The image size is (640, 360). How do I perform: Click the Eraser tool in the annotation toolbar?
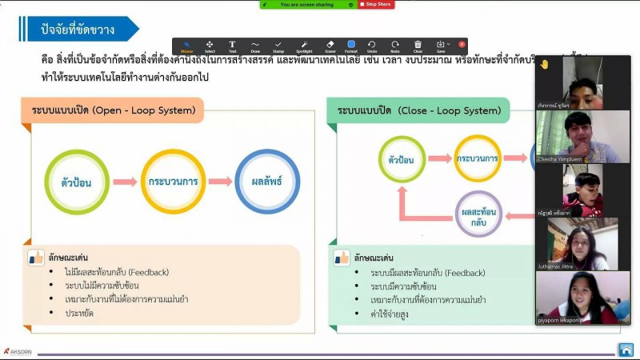(330, 45)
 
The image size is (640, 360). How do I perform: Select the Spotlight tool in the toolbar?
(305, 45)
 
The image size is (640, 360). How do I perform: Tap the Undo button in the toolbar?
(372, 45)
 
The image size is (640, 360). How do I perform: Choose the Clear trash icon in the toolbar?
(418, 45)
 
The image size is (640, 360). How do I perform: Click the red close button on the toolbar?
(462, 44)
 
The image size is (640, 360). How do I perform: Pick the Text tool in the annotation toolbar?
(232, 45)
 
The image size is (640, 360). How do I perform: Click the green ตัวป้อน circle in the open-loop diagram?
(76, 182)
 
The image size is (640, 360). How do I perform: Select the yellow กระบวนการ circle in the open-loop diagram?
(173, 182)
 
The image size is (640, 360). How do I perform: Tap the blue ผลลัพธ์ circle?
(267, 182)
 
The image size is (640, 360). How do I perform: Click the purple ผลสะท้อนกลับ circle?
(479, 214)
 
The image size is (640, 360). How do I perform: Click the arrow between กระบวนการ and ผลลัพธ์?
(219, 182)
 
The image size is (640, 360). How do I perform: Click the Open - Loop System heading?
(112, 110)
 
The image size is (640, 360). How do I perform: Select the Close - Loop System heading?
(418, 110)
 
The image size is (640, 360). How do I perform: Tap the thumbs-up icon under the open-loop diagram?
(36, 257)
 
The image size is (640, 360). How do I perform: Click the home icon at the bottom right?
(626, 349)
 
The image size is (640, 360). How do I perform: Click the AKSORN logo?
(18, 350)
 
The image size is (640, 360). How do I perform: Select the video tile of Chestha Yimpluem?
(582, 137)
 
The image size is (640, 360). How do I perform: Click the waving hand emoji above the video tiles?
(544, 64)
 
